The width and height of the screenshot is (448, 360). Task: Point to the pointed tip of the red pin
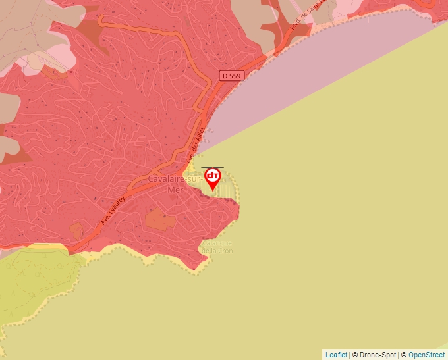[213, 192]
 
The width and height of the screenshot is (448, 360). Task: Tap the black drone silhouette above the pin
[212, 168]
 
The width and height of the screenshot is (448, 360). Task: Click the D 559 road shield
[232, 76]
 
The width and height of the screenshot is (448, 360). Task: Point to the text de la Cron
[217, 251]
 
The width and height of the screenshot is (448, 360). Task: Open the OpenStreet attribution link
[428, 355]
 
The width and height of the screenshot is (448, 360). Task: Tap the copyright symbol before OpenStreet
[405, 355]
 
